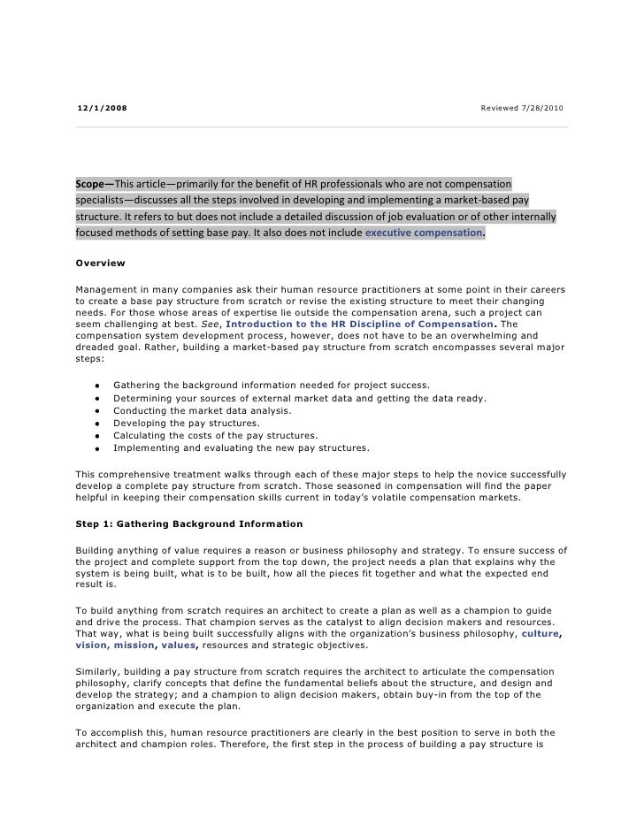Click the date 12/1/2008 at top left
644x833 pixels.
101,108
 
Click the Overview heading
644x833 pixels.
101,264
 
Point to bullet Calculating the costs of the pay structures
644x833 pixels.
215,435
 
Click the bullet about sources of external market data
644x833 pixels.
299,398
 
